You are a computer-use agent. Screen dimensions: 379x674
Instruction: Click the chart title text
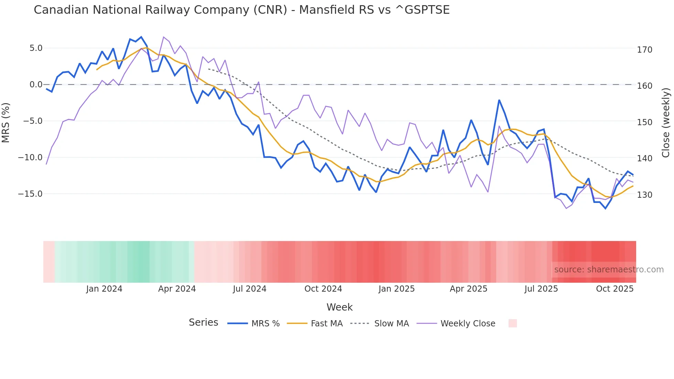pos(241,10)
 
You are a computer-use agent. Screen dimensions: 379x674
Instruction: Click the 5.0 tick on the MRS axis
pos(36,48)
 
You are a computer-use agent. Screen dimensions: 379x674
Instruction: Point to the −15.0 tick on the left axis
pos(30,194)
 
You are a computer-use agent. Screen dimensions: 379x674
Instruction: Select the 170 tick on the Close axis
pos(644,50)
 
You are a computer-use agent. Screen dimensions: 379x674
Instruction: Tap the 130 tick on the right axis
pos(644,195)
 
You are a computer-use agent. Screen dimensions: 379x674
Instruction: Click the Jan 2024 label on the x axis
pos(104,289)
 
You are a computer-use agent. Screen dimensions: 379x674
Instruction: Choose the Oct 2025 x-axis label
pos(615,289)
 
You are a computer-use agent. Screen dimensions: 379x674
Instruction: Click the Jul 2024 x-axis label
pos(250,289)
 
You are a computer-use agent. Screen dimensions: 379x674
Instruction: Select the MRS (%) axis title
pos(6,123)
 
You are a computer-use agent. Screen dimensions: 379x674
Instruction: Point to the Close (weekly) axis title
pos(666,123)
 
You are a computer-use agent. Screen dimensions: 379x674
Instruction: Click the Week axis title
pos(339,307)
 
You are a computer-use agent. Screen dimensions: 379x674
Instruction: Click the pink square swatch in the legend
pos(512,323)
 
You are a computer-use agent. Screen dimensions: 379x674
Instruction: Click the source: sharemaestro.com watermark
pos(609,270)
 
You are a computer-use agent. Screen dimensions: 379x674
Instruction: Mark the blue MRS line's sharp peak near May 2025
pos(499,100)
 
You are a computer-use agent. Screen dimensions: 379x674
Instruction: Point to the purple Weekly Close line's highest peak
pos(163,37)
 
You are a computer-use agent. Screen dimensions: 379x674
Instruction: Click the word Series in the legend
pos(203,323)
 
